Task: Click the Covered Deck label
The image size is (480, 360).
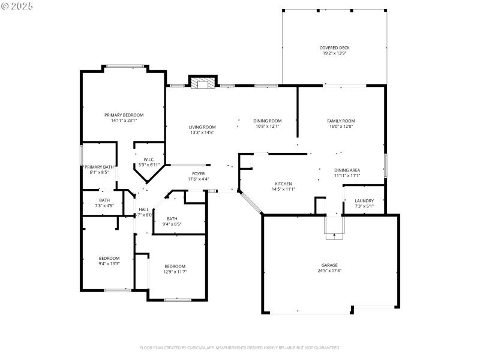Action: pos(334,48)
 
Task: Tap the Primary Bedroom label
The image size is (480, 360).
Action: pos(124,115)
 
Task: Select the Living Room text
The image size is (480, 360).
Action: pos(202,127)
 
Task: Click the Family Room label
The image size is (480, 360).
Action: pos(341,121)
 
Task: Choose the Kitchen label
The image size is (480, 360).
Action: pos(283,184)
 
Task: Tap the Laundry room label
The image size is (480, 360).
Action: pos(364,201)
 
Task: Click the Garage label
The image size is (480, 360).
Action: pos(329,265)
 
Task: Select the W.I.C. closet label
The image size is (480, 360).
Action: pos(149,160)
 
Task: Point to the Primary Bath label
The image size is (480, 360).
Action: pos(99,167)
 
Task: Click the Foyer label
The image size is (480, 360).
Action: pos(198,173)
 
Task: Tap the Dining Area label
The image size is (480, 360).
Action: pos(347,170)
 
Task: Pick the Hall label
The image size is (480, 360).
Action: pos(143,209)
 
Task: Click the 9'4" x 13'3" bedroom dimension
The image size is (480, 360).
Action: pos(109,263)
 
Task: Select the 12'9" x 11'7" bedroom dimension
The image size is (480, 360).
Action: pos(175,272)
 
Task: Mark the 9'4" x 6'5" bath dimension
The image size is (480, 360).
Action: pos(172,224)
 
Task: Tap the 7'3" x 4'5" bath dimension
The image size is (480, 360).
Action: pos(104,206)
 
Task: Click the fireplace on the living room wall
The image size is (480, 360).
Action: pos(202,82)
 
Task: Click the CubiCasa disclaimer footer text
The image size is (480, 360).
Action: pos(240,347)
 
